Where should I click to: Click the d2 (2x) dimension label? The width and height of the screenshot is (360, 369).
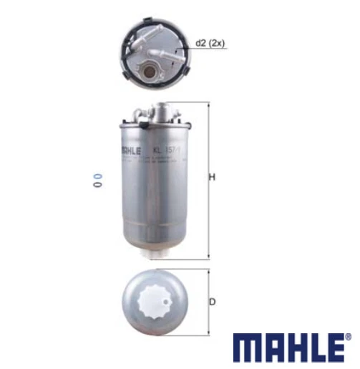208,44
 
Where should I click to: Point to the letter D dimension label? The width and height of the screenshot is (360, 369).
212,302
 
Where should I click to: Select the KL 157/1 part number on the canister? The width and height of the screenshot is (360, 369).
170,151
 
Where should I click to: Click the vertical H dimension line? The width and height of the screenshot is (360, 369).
207,179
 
